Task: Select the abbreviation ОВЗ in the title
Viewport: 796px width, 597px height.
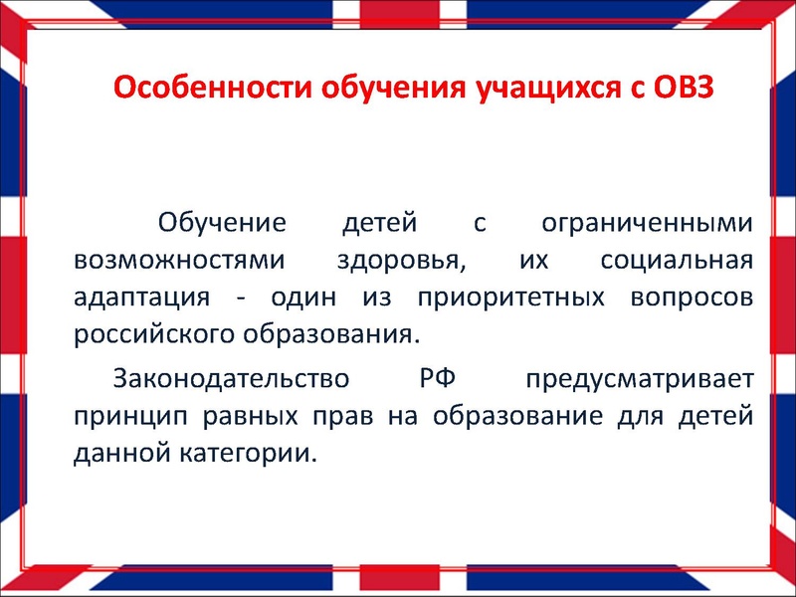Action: [682, 88]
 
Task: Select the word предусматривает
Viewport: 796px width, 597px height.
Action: [639, 379]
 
